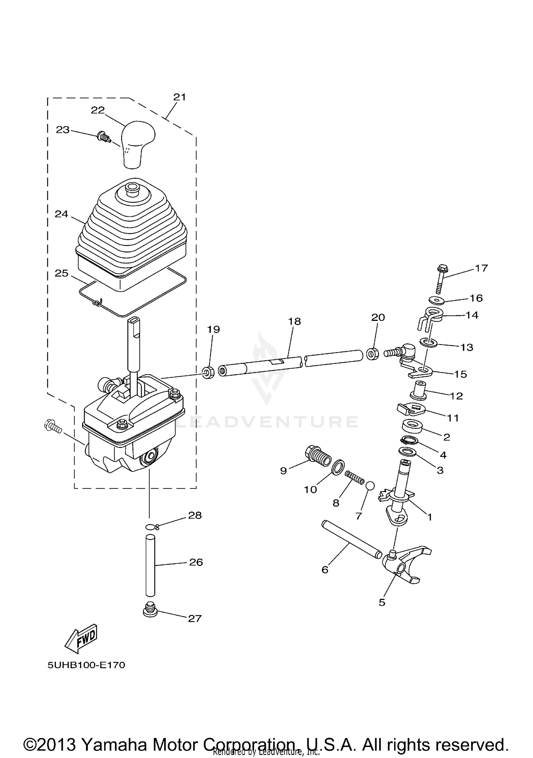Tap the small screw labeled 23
pyautogui.click(x=103, y=136)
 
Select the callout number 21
pyautogui.click(x=179, y=97)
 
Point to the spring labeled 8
pyautogui.click(x=355, y=477)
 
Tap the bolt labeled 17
pyautogui.click(x=442, y=280)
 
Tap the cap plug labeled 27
pyautogui.click(x=150, y=611)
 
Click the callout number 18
pyautogui.click(x=295, y=321)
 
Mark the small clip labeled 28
pyautogui.click(x=152, y=527)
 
